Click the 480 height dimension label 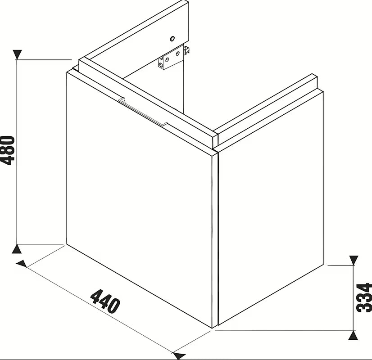[x=8, y=150]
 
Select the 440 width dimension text [x=105, y=301]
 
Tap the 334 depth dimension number [x=364, y=297]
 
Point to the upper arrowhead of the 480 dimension [x=17, y=54]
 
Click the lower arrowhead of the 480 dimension [x=16, y=249]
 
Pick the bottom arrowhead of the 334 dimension [x=354, y=335]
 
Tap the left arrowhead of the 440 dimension [x=21, y=264]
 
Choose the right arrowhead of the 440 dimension [x=179, y=355]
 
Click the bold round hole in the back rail [x=172, y=39]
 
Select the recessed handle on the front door [x=143, y=112]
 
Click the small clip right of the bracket [x=187, y=51]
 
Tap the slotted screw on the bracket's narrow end [x=161, y=64]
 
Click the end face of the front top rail [x=215, y=141]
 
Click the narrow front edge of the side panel [x=215, y=239]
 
